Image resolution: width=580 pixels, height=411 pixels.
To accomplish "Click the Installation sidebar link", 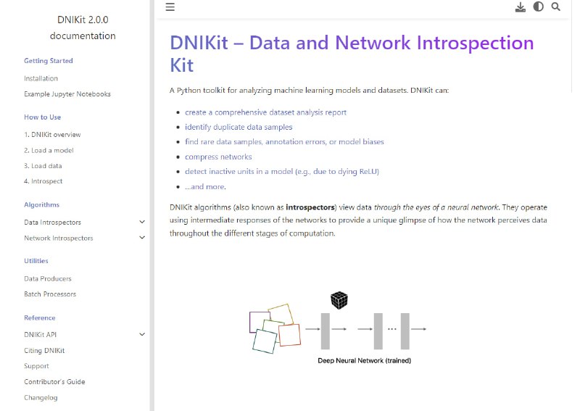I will pyautogui.click(x=41, y=78).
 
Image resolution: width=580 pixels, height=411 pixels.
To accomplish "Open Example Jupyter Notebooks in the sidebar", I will pyautogui.click(x=67, y=94).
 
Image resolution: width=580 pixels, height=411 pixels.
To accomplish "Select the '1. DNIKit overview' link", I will pyautogui.click(x=52, y=135).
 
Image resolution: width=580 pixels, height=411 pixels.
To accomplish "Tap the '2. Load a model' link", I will pyautogui.click(x=49, y=151).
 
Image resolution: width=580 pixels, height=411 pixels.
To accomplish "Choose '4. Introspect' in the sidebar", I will pyautogui.click(x=43, y=181).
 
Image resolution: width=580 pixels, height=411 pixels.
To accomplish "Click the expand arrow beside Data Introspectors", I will pyautogui.click(x=142, y=223).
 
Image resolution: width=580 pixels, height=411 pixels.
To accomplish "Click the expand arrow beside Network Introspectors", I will pyautogui.click(x=142, y=238).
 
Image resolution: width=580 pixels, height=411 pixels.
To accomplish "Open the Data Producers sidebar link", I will pyautogui.click(x=48, y=278).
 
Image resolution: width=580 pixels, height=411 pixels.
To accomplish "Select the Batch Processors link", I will pyautogui.click(x=50, y=294).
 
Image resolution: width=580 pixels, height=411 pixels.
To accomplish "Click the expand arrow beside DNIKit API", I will pyautogui.click(x=142, y=334).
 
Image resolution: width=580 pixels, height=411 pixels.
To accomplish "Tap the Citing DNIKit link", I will pyautogui.click(x=44, y=351).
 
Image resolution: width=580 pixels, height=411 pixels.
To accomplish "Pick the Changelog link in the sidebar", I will pyautogui.click(x=41, y=397).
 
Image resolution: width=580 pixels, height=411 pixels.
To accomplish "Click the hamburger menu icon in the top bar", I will pyautogui.click(x=170, y=7).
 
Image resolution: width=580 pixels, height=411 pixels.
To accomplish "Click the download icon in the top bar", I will pyautogui.click(x=520, y=7).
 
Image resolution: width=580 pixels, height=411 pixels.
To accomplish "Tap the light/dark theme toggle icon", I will pyautogui.click(x=538, y=7).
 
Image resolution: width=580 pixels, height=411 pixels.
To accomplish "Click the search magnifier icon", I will pyautogui.click(x=556, y=7).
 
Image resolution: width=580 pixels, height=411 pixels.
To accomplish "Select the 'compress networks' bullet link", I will pyautogui.click(x=218, y=157).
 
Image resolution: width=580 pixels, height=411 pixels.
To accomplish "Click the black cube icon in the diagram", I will pyautogui.click(x=339, y=299).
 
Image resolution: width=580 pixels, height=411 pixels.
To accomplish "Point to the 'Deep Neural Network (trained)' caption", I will pyautogui.click(x=364, y=360).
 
